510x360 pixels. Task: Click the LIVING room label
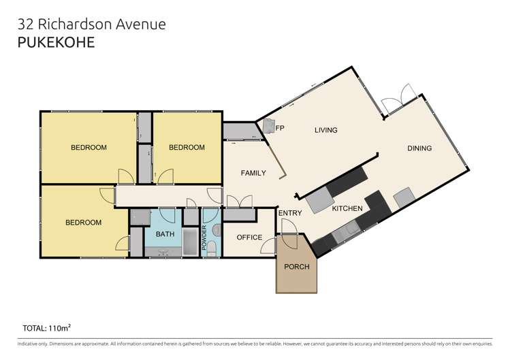[326, 130]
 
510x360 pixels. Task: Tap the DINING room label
[419, 148]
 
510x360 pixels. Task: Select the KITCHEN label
[347, 209]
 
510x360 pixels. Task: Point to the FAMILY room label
[253, 173]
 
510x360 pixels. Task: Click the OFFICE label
[249, 238]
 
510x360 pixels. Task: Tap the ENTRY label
[289, 213]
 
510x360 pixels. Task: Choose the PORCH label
[296, 266]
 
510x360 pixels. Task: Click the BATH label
[165, 234]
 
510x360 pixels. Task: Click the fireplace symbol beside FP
[268, 125]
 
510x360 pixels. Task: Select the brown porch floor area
[296, 279]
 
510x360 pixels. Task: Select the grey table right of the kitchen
[404, 197]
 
